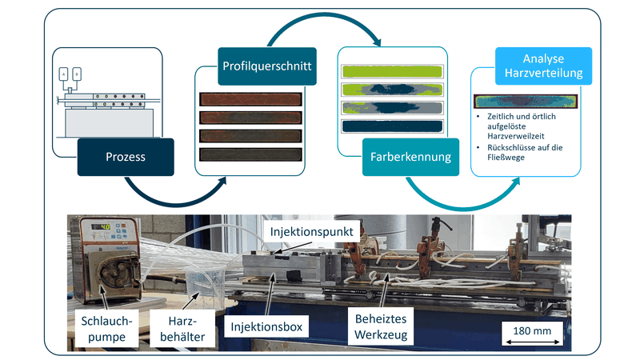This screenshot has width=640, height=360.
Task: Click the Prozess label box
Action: pos(126,157)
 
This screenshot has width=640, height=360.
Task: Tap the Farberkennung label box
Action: pos(409,157)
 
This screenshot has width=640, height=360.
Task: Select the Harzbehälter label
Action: pos(186,328)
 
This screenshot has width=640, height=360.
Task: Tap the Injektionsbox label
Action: pos(266,328)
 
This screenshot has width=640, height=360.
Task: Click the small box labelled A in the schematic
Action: pos(64,74)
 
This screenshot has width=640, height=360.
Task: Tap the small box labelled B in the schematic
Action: pos(77,74)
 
